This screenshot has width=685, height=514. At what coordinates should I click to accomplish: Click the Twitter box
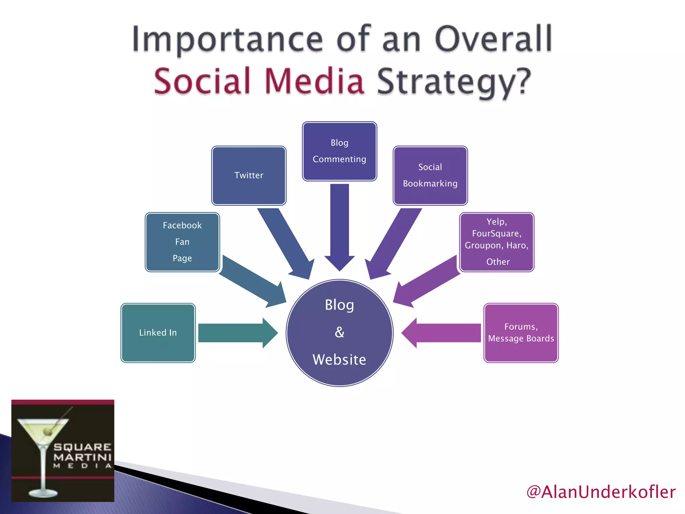tap(249, 175)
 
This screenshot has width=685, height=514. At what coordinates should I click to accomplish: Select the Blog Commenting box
tap(339, 151)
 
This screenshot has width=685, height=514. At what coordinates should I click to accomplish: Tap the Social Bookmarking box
tap(430, 175)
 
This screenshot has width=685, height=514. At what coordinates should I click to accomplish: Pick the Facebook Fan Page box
tap(182, 242)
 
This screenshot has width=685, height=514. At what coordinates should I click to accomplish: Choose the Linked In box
tap(158, 333)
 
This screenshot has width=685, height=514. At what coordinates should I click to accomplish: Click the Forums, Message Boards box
tap(521, 333)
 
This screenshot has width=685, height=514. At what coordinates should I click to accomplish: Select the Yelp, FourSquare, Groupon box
tap(497, 242)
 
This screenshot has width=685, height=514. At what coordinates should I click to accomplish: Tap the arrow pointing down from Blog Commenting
tap(339, 224)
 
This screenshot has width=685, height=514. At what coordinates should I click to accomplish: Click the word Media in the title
tap(314, 81)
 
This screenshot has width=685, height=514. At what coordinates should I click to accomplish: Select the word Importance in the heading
tap(227, 39)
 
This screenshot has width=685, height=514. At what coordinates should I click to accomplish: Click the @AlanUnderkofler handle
tap(601, 492)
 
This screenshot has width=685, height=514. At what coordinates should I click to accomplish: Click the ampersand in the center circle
tap(339, 332)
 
